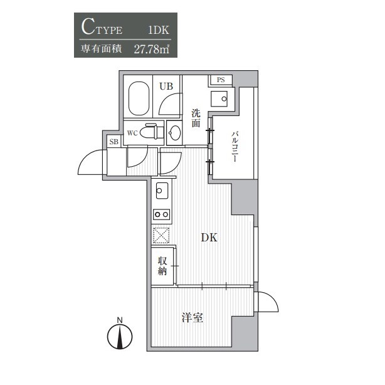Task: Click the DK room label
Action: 209,238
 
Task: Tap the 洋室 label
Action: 192,317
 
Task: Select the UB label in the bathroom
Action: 166,86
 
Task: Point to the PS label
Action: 221,80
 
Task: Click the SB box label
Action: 113,142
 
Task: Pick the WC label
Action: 132,134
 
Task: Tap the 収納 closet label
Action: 162,266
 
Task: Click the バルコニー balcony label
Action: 235,147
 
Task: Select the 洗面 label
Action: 196,118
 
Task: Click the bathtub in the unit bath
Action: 139,98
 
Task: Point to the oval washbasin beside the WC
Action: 175,133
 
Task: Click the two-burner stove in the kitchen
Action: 162,214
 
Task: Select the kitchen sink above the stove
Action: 162,191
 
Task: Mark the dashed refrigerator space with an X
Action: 161,236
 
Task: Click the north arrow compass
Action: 120,335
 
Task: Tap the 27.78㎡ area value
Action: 152,50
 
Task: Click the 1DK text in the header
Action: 159,30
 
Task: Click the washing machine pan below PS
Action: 219,99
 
